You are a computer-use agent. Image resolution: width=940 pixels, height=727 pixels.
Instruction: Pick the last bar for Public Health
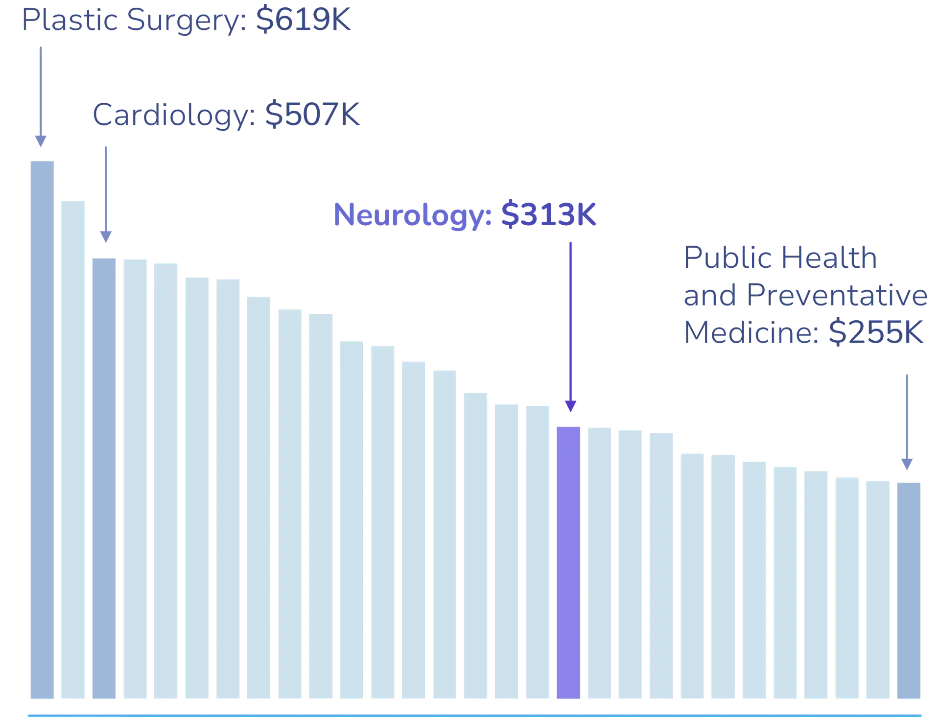click(x=908, y=589)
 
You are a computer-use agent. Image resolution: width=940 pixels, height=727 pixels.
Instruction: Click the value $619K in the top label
click(x=303, y=21)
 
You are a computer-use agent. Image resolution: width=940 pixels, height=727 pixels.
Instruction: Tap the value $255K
click(x=875, y=333)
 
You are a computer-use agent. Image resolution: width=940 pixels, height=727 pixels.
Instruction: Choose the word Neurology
click(x=412, y=215)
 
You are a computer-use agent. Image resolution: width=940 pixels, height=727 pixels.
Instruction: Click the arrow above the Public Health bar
click(x=907, y=421)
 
